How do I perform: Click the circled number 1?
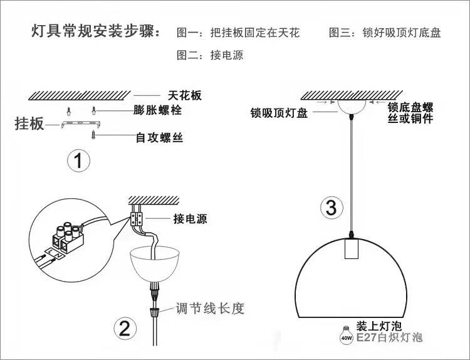point(78,161)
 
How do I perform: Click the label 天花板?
point(184,95)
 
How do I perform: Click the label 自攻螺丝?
point(159,136)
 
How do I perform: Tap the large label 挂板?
point(29,124)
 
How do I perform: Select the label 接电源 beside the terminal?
point(190,219)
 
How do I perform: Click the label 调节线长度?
point(209,308)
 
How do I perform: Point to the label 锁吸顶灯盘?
point(278,114)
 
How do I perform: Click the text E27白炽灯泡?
point(389,338)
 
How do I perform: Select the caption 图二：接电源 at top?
point(210,55)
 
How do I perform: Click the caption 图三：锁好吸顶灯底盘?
point(385,33)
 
